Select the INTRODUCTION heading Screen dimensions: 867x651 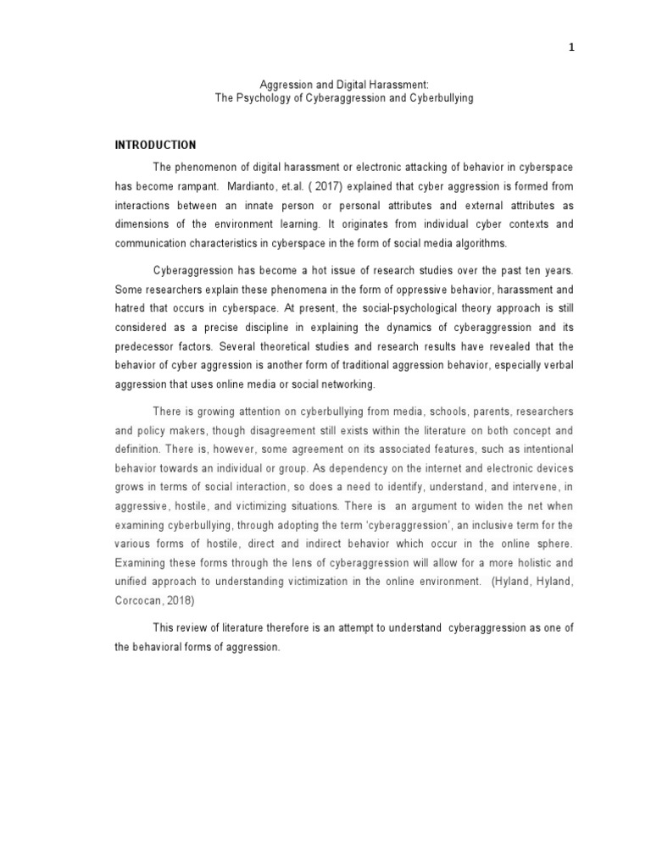tap(155, 146)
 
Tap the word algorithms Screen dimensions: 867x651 tap(481, 243)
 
